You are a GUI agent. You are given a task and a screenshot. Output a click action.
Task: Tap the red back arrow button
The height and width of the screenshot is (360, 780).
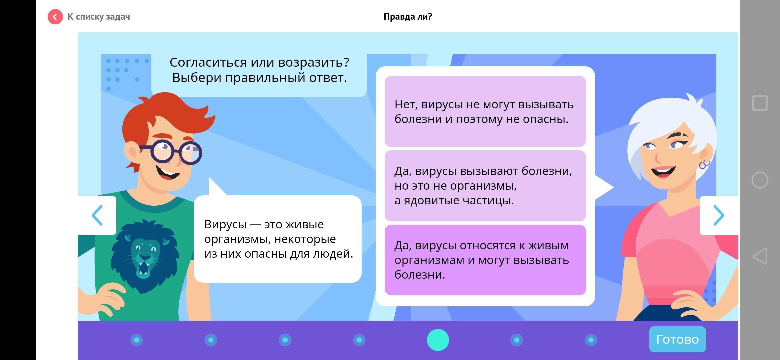[55, 17]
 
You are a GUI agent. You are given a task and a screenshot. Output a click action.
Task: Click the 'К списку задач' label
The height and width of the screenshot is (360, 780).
[99, 17]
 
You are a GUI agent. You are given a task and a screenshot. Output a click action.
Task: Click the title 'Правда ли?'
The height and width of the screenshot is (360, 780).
[408, 17]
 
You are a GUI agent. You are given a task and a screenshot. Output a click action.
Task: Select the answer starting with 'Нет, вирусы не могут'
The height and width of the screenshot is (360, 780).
[485, 111]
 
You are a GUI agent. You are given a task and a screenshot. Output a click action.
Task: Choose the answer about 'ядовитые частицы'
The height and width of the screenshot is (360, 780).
[485, 186]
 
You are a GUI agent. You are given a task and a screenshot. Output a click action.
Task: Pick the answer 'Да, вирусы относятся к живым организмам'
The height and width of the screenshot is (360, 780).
[485, 260]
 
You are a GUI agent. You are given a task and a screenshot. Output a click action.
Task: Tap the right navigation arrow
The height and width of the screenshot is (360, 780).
[719, 215]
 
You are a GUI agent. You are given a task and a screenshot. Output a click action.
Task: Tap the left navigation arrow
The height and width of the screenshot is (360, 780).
[97, 215]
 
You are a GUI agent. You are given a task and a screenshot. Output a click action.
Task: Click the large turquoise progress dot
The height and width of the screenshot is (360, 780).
[438, 340]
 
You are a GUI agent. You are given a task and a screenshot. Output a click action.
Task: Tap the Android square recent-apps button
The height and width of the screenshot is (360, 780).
[760, 103]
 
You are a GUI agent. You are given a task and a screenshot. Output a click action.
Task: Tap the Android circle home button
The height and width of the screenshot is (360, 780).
[760, 180]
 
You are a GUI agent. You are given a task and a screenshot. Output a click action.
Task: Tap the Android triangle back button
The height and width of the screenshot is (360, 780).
[760, 256]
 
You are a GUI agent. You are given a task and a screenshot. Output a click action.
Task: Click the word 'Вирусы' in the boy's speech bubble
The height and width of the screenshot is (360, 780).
[225, 224]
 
